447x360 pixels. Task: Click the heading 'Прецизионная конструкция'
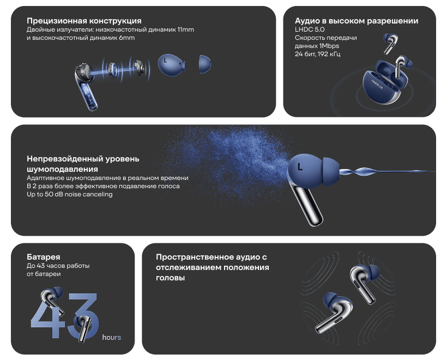pos(84,21)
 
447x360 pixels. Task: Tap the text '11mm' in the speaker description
pos(185,29)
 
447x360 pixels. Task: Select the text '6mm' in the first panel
pos(127,38)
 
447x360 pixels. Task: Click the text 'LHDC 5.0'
pos(310,29)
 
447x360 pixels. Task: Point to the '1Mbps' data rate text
pos(329,46)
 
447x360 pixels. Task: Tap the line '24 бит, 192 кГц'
pos(317,54)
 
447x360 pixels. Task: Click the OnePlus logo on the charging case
pos(377,84)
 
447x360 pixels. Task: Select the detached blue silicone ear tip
pos(204,64)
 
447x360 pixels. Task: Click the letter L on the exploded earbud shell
pos(165,60)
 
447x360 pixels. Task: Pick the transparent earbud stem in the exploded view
pos(88,94)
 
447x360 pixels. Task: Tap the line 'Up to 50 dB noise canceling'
pos(70,194)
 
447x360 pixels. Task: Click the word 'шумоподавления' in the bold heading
pos(62,169)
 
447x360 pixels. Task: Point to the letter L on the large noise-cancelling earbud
pos(299,166)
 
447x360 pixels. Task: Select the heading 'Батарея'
pos(43,257)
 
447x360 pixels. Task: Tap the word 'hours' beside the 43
pos(111,338)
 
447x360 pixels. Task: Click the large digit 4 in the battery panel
pos(47,317)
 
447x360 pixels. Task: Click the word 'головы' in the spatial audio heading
pos(170,278)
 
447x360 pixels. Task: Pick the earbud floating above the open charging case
pos(390,43)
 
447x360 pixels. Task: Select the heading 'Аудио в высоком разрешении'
pos(357,21)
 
